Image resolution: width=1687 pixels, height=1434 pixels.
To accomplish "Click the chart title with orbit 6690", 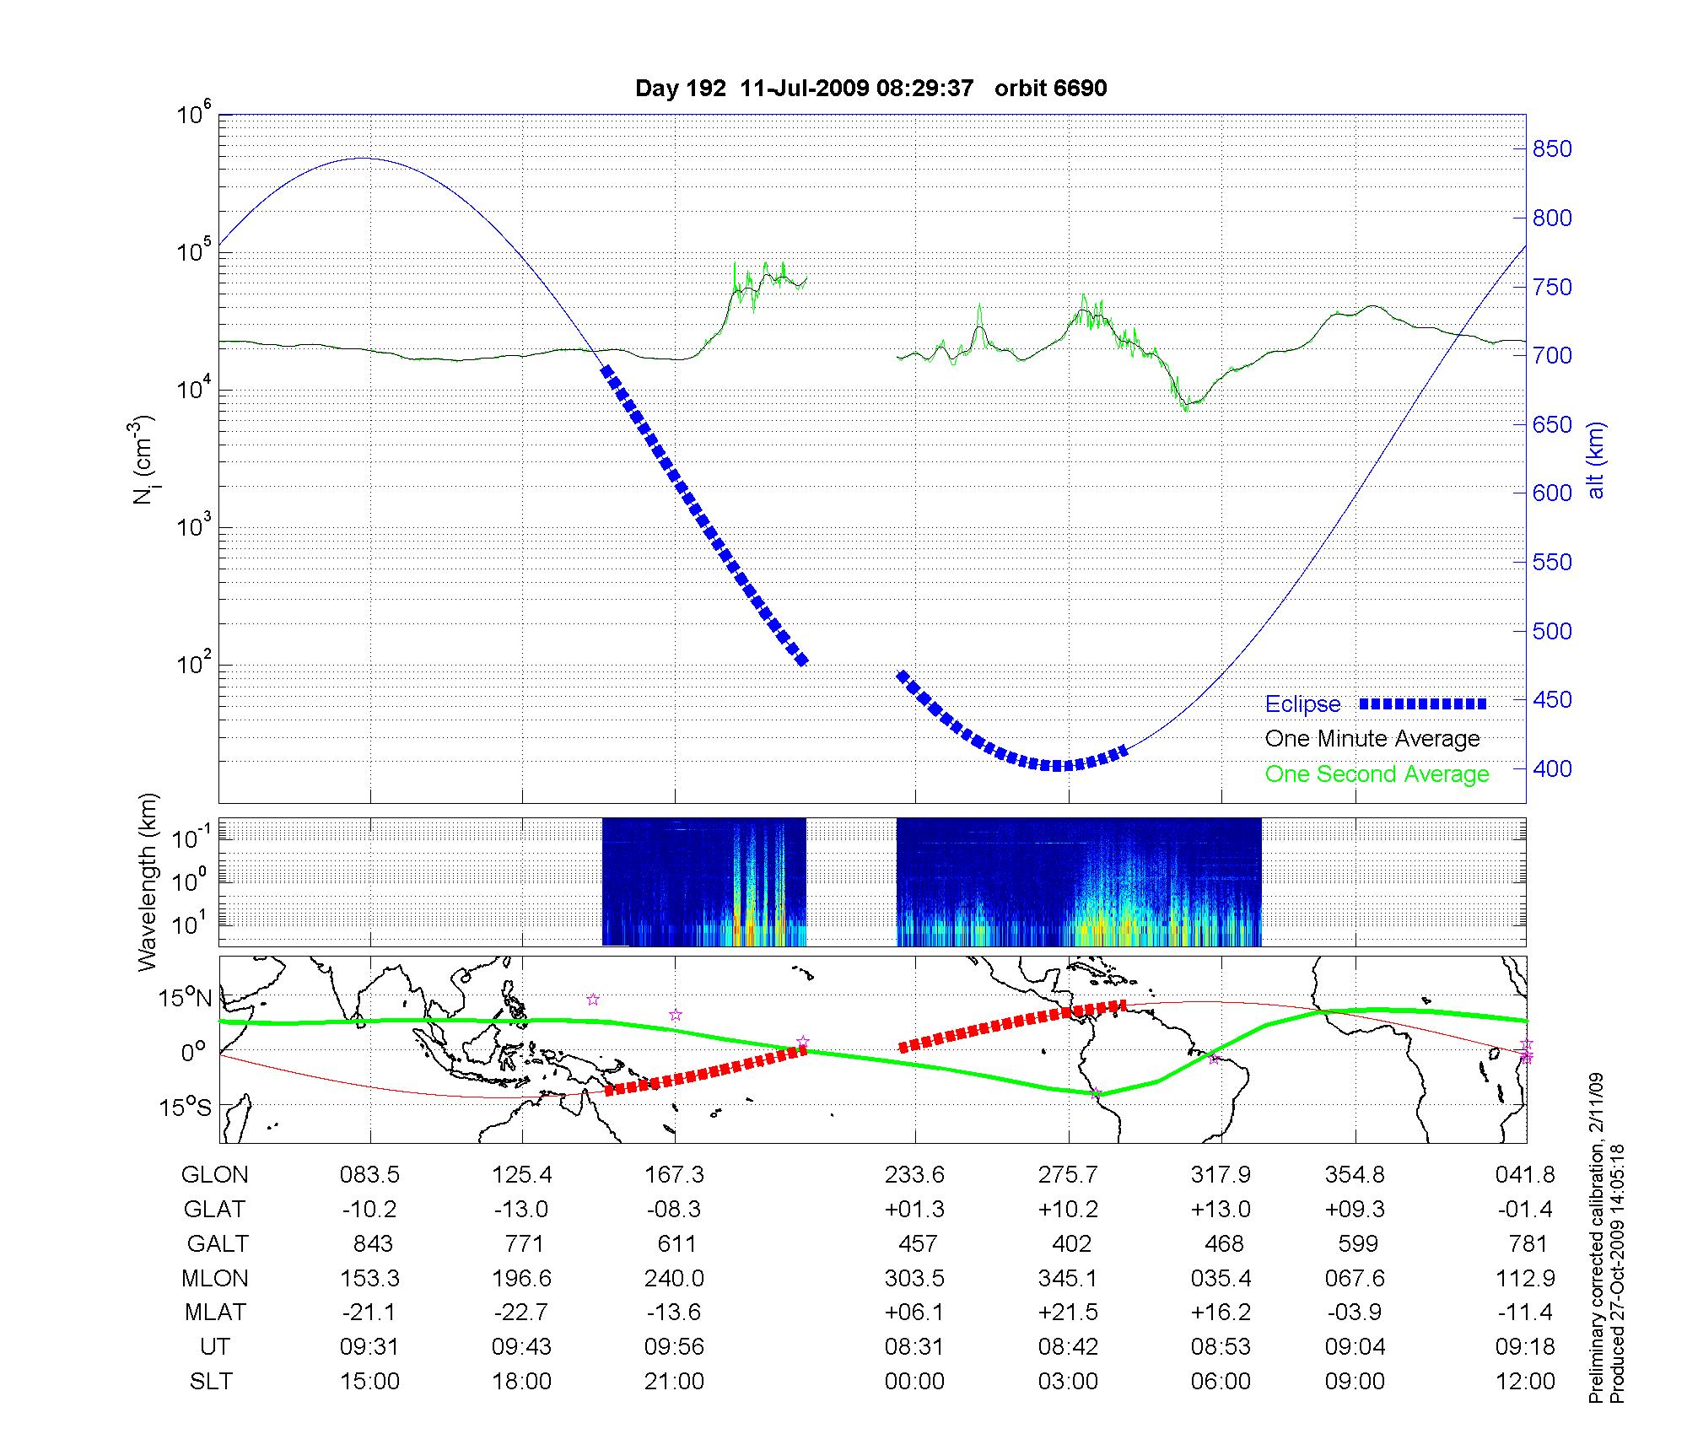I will point(870,89).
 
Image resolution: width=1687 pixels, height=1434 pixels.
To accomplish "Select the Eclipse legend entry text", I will point(1302,704).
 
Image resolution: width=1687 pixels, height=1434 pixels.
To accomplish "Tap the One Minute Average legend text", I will point(1372,739).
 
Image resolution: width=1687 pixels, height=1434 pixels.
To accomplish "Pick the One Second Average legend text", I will point(1377,774).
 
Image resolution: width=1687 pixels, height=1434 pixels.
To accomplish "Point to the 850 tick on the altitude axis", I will point(1552,149).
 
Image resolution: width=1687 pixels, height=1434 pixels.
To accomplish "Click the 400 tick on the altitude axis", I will point(1552,768).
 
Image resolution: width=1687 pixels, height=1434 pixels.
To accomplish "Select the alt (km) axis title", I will point(1596,460).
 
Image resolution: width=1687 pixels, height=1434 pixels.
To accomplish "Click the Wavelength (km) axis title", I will point(148,882).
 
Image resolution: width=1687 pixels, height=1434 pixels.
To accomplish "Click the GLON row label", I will point(215,1175).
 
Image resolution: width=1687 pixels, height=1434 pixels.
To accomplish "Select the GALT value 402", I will point(1071,1244).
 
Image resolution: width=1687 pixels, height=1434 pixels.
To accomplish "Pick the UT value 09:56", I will point(674,1347).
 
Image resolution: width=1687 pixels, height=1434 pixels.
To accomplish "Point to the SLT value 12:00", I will point(1528,1382).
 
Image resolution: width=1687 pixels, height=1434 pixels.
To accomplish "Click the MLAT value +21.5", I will point(1069,1313).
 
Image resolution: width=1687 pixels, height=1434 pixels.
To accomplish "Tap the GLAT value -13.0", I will point(521,1210).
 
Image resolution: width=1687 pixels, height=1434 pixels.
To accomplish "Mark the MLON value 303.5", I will point(914,1279).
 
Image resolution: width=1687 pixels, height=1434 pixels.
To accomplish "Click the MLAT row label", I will point(215,1313).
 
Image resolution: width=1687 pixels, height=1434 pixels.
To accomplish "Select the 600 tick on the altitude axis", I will point(1552,493).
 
